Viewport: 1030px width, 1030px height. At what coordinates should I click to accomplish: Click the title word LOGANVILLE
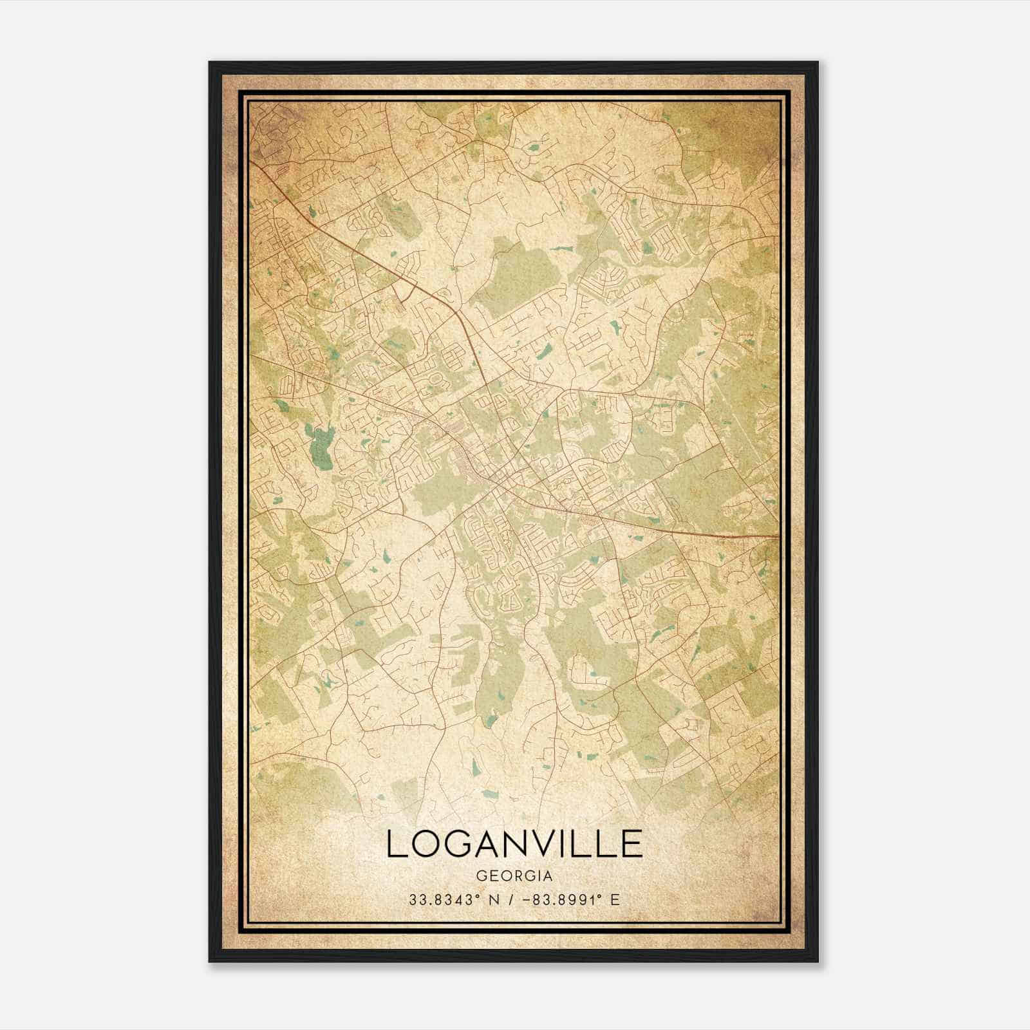point(514,844)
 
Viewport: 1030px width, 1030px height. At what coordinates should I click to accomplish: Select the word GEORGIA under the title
point(514,876)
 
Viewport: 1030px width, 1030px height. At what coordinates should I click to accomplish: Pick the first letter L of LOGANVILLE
point(397,844)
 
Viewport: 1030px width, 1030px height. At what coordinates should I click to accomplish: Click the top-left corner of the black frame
point(210,62)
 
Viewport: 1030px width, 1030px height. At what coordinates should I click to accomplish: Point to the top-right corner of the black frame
point(818,62)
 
